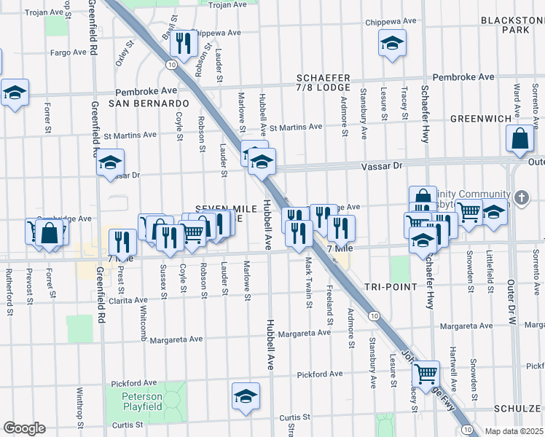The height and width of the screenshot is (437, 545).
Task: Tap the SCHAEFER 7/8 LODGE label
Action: click(324, 83)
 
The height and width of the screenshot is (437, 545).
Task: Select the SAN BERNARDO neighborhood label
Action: click(149, 103)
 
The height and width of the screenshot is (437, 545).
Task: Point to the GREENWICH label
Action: click(477, 118)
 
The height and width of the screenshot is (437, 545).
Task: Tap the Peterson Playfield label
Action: click(136, 401)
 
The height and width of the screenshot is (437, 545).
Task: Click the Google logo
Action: click(24, 428)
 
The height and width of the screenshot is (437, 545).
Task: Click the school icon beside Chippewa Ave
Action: click(392, 43)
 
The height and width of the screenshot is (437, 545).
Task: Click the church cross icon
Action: click(521, 197)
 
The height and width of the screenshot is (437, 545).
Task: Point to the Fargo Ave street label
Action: click(68, 52)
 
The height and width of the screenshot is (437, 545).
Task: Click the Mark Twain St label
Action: click(309, 280)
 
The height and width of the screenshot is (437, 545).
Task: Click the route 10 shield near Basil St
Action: click(170, 65)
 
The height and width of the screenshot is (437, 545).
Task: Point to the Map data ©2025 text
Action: click(513, 431)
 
